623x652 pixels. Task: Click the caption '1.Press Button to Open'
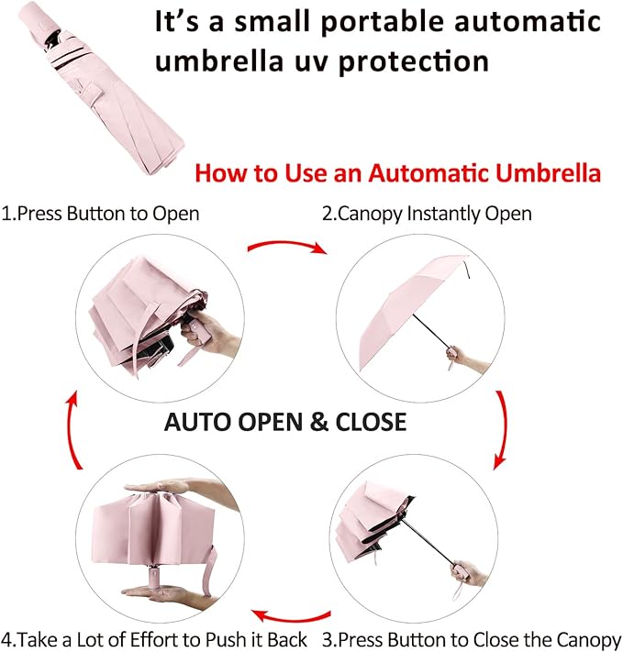point(101,214)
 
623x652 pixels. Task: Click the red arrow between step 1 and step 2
point(286,247)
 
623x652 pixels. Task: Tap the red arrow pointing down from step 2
point(501,427)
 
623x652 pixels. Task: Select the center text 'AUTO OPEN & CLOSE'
point(284,421)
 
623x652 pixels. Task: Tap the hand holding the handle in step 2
point(468,358)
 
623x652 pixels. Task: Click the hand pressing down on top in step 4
point(170,488)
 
